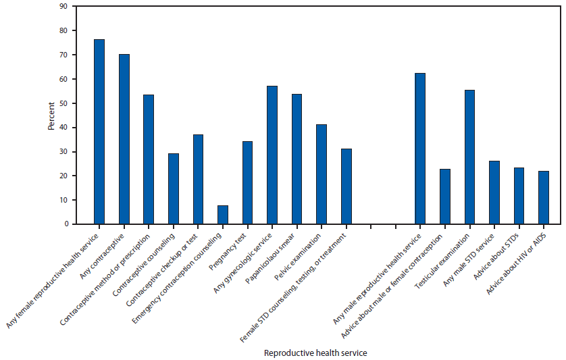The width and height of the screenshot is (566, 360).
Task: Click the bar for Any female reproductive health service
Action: click(x=99, y=132)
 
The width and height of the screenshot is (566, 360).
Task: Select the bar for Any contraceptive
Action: click(x=124, y=139)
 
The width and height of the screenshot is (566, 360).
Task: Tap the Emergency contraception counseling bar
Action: click(x=223, y=215)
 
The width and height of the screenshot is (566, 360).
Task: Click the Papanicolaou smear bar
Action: click(x=297, y=159)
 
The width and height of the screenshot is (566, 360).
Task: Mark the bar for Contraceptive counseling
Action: click(x=174, y=188)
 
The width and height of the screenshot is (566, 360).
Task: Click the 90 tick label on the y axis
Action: click(x=62, y=7)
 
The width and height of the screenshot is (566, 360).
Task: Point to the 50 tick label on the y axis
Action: click(x=62, y=103)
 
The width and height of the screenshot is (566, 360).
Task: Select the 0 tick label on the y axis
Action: click(x=64, y=224)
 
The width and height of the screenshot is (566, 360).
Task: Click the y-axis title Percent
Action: click(x=52, y=115)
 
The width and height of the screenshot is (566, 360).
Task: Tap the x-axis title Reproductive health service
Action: click(x=315, y=353)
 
